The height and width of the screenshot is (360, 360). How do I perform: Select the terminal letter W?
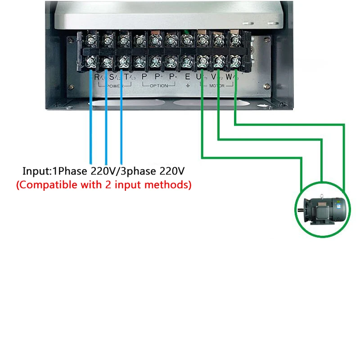229,77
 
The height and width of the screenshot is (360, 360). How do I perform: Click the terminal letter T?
127,77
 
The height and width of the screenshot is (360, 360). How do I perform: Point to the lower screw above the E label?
186,61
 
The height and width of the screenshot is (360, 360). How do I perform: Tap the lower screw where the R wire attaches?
91,61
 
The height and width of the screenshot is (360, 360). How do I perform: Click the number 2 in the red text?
119,184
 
